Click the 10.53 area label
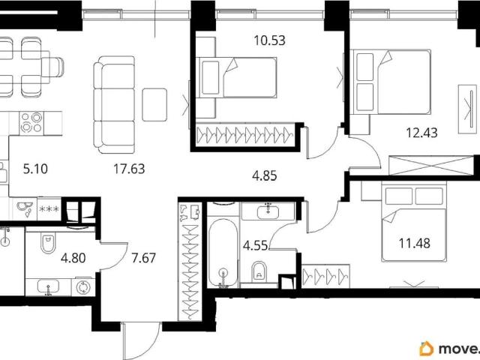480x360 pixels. (269, 40)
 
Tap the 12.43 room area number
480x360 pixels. (421, 133)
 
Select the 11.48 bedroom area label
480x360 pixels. (414, 243)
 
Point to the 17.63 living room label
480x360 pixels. (129, 169)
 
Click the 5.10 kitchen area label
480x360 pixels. (35, 169)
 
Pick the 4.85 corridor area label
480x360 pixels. (265, 176)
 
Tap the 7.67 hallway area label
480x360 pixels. (143, 258)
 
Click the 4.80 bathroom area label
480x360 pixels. (73, 258)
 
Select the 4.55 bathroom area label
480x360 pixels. (255, 245)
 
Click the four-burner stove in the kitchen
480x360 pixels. (31, 123)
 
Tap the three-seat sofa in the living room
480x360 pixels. (115, 105)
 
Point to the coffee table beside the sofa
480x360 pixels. (154, 105)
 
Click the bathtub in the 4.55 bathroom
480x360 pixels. (223, 253)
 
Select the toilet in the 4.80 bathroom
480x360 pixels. (48, 243)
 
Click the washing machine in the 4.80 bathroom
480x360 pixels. (83, 287)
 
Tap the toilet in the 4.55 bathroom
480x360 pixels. (259, 271)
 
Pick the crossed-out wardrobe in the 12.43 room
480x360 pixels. (430, 166)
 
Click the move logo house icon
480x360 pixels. (427, 349)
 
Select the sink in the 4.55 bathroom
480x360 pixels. (268, 211)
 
